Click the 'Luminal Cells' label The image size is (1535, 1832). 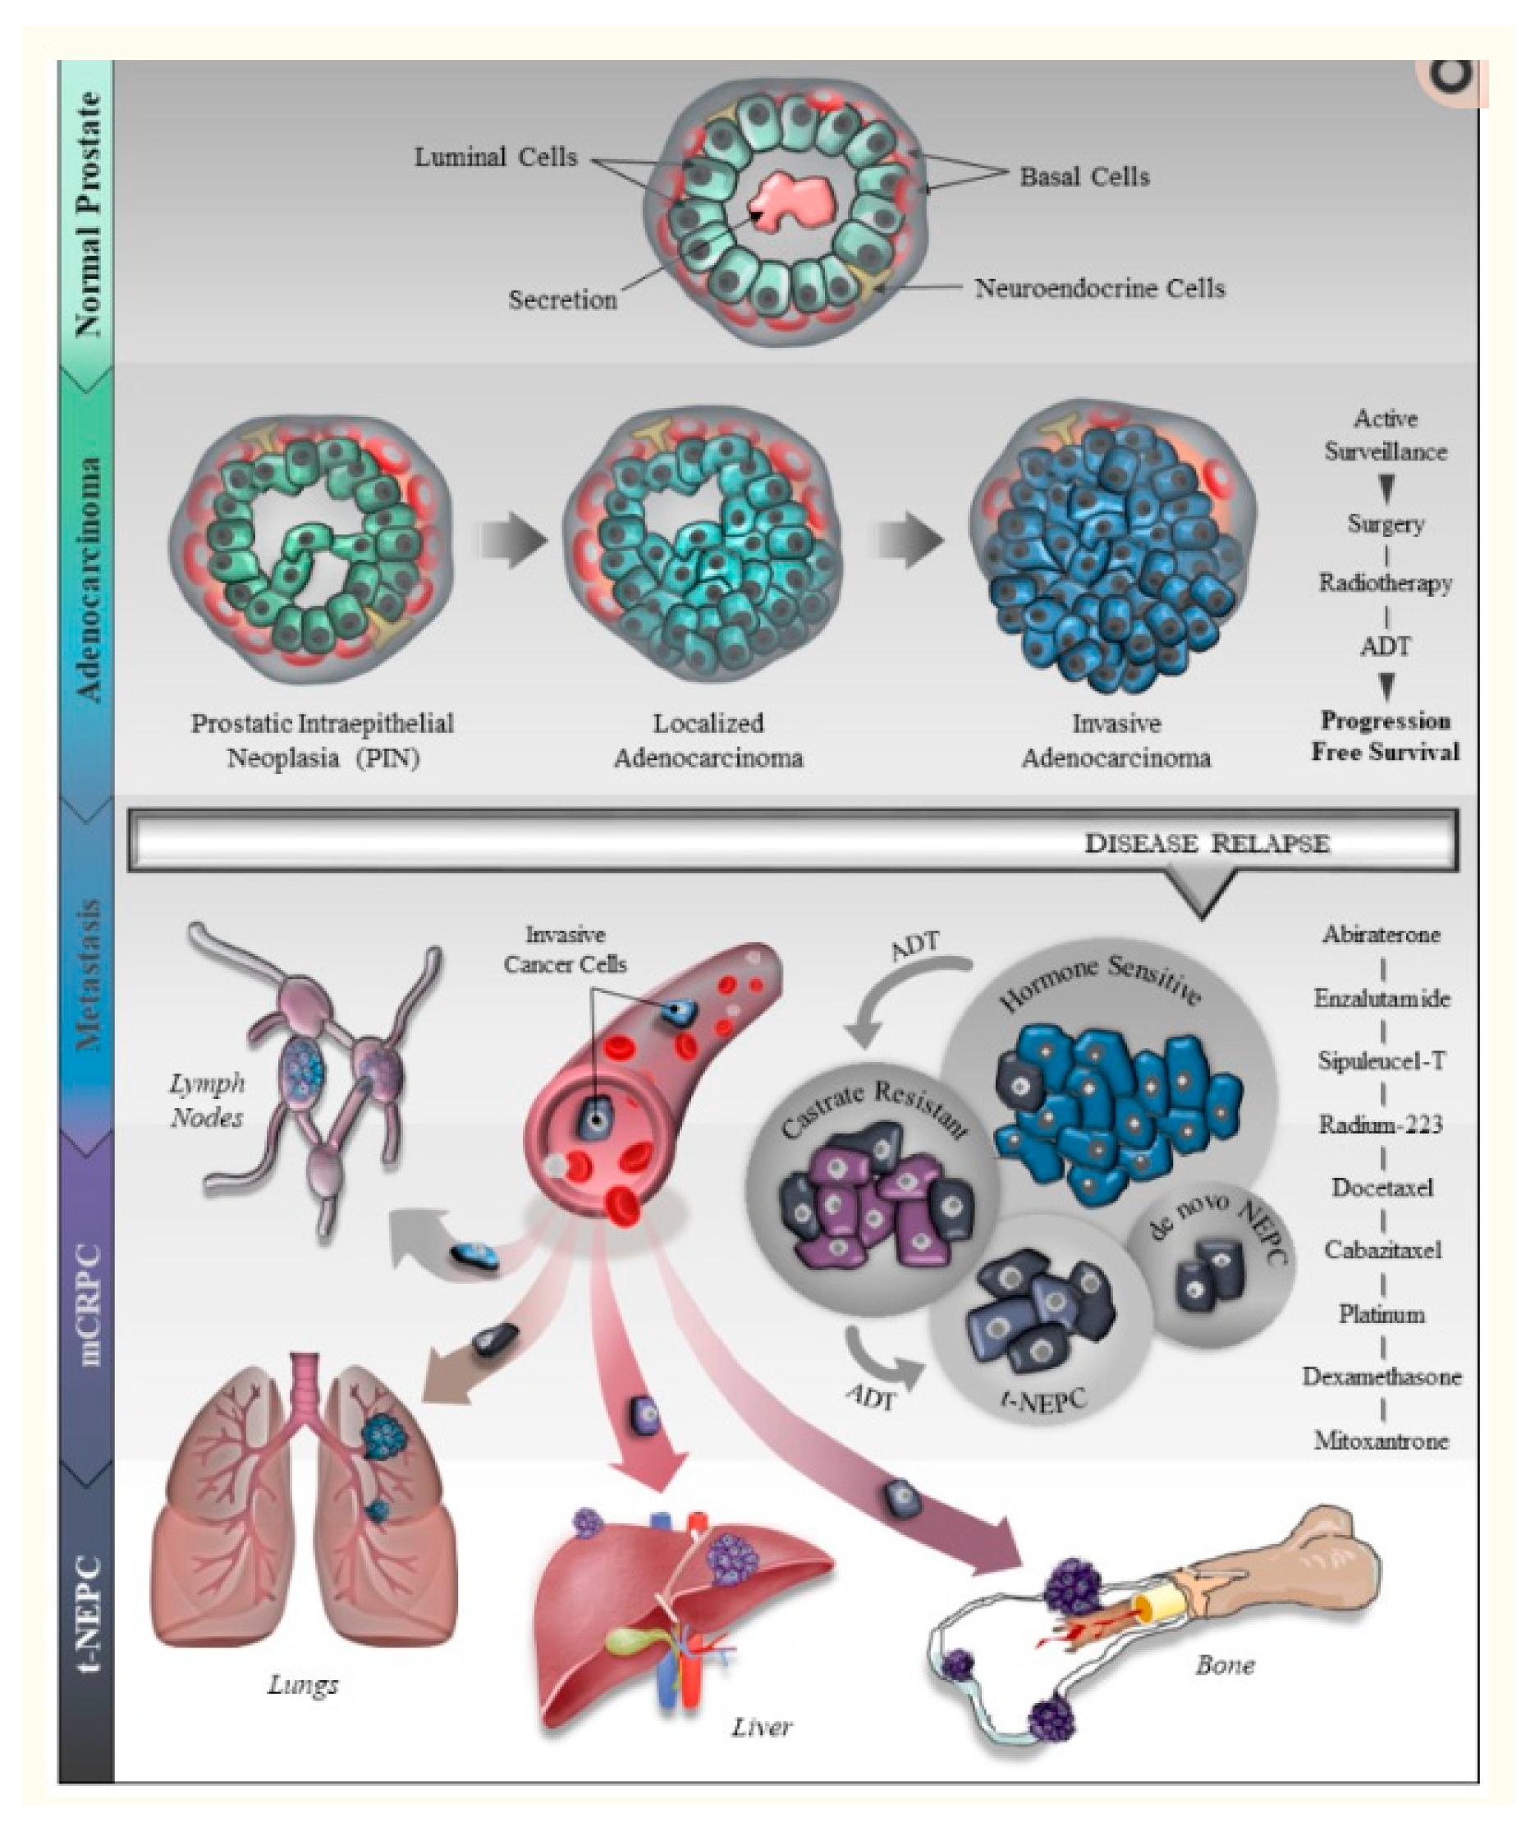(x=495, y=158)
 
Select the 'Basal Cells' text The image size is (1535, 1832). (x=1084, y=177)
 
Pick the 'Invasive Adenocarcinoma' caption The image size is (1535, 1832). (x=1116, y=740)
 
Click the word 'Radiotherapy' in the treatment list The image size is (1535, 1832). (x=1385, y=583)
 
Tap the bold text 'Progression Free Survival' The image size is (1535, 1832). (x=1385, y=736)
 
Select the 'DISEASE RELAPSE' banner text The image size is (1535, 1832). (x=1206, y=844)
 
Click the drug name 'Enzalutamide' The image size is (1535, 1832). (x=1382, y=998)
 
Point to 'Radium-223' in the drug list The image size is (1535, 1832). (x=1381, y=1124)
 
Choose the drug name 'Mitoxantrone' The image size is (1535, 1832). (x=1381, y=1440)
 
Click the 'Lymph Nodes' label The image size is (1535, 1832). (x=207, y=1100)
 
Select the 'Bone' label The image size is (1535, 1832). (x=1225, y=1665)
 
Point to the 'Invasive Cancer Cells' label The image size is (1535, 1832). (x=565, y=949)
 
